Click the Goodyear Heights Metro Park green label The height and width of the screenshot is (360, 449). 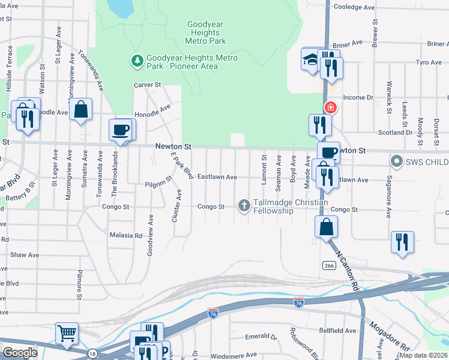(206, 33)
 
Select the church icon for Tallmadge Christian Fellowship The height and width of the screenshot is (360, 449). (244, 206)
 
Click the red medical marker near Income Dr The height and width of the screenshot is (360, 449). (330, 108)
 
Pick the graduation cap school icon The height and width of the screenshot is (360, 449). (310, 59)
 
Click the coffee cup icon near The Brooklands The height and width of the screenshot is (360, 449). (120, 128)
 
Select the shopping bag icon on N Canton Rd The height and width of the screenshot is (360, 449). (326, 226)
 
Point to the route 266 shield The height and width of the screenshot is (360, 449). (328, 265)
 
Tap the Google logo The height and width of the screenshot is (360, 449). (20, 352)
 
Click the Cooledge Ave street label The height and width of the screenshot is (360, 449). (354, 7)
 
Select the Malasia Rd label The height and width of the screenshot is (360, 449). (126, 236)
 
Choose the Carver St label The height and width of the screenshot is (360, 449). (148, 85)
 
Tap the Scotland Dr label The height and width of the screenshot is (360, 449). (395, 133)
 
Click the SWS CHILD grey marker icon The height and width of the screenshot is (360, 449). (396, 161)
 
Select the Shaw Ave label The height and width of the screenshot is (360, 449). (25, 255)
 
